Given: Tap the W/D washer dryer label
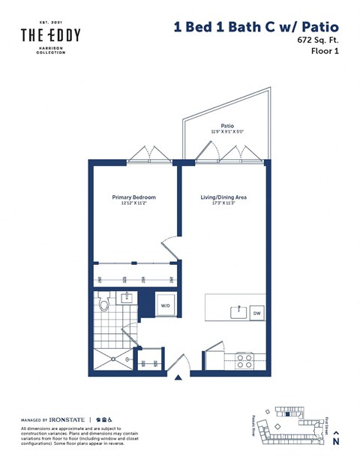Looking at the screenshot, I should coord(165,306).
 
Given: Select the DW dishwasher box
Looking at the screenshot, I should coord(256,313).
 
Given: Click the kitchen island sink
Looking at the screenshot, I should coord(238,311).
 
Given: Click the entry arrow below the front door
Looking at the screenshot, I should coord(178,378).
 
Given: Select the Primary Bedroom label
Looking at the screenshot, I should coord(133,197).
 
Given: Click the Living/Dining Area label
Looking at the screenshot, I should coord(223,197).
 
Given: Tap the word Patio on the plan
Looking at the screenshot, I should coord(226,127).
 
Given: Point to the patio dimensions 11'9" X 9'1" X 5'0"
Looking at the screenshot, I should coord(226,133).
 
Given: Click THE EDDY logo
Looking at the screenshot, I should coord(50,35).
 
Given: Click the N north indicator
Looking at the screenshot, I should coord(336,440).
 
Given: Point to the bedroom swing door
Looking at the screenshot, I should coord(170,253).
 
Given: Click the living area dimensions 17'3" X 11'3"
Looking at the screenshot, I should coord(223,203).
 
